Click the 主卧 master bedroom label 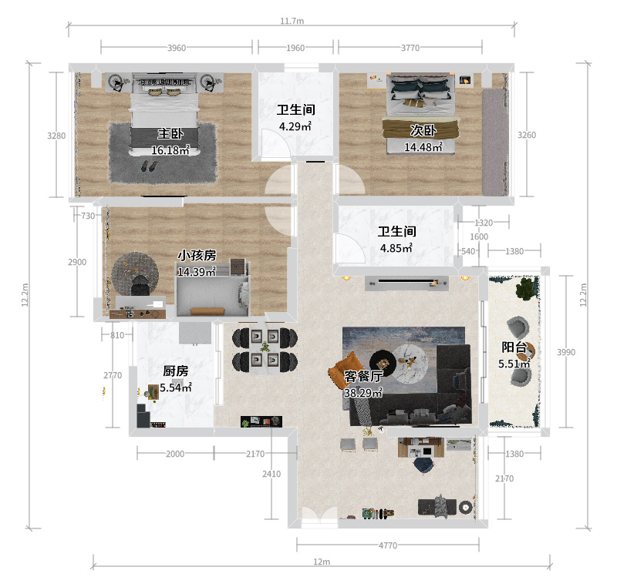coord(170,133)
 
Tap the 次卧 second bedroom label coord(423,130)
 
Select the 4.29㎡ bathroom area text coord(295,126)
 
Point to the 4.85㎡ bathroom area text coord(396,248)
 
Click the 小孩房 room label coord(197,256)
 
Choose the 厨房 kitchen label coord(176,371)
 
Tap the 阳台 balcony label coord(514,347)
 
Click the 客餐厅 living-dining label coord(363,376)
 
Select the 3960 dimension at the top coord(177,48)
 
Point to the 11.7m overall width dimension coord(292,21)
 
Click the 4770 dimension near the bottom coord(388,545)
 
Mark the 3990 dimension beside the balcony coord(566,352)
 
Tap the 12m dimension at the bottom coord(322,562)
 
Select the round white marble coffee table coord(410,363)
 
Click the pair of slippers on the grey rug coord(148,166)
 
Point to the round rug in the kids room coord(135,273)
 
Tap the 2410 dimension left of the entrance coord(271,474)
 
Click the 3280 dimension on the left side coord(56,136)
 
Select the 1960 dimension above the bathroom coord(295,48)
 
